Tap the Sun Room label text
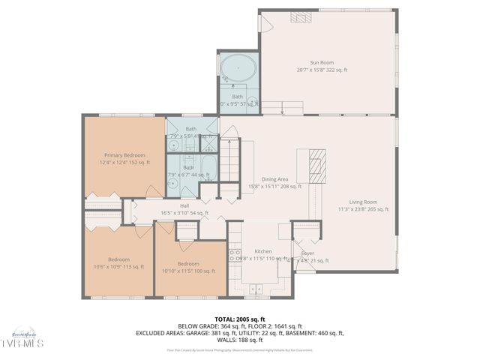point(322,63)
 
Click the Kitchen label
point(262,251)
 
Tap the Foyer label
point(307,253)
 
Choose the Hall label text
point(184,205)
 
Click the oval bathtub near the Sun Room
point(238,69)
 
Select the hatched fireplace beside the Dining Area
point(319,160)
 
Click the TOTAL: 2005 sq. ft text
point(239,319)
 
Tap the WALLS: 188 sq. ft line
point(239,340)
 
